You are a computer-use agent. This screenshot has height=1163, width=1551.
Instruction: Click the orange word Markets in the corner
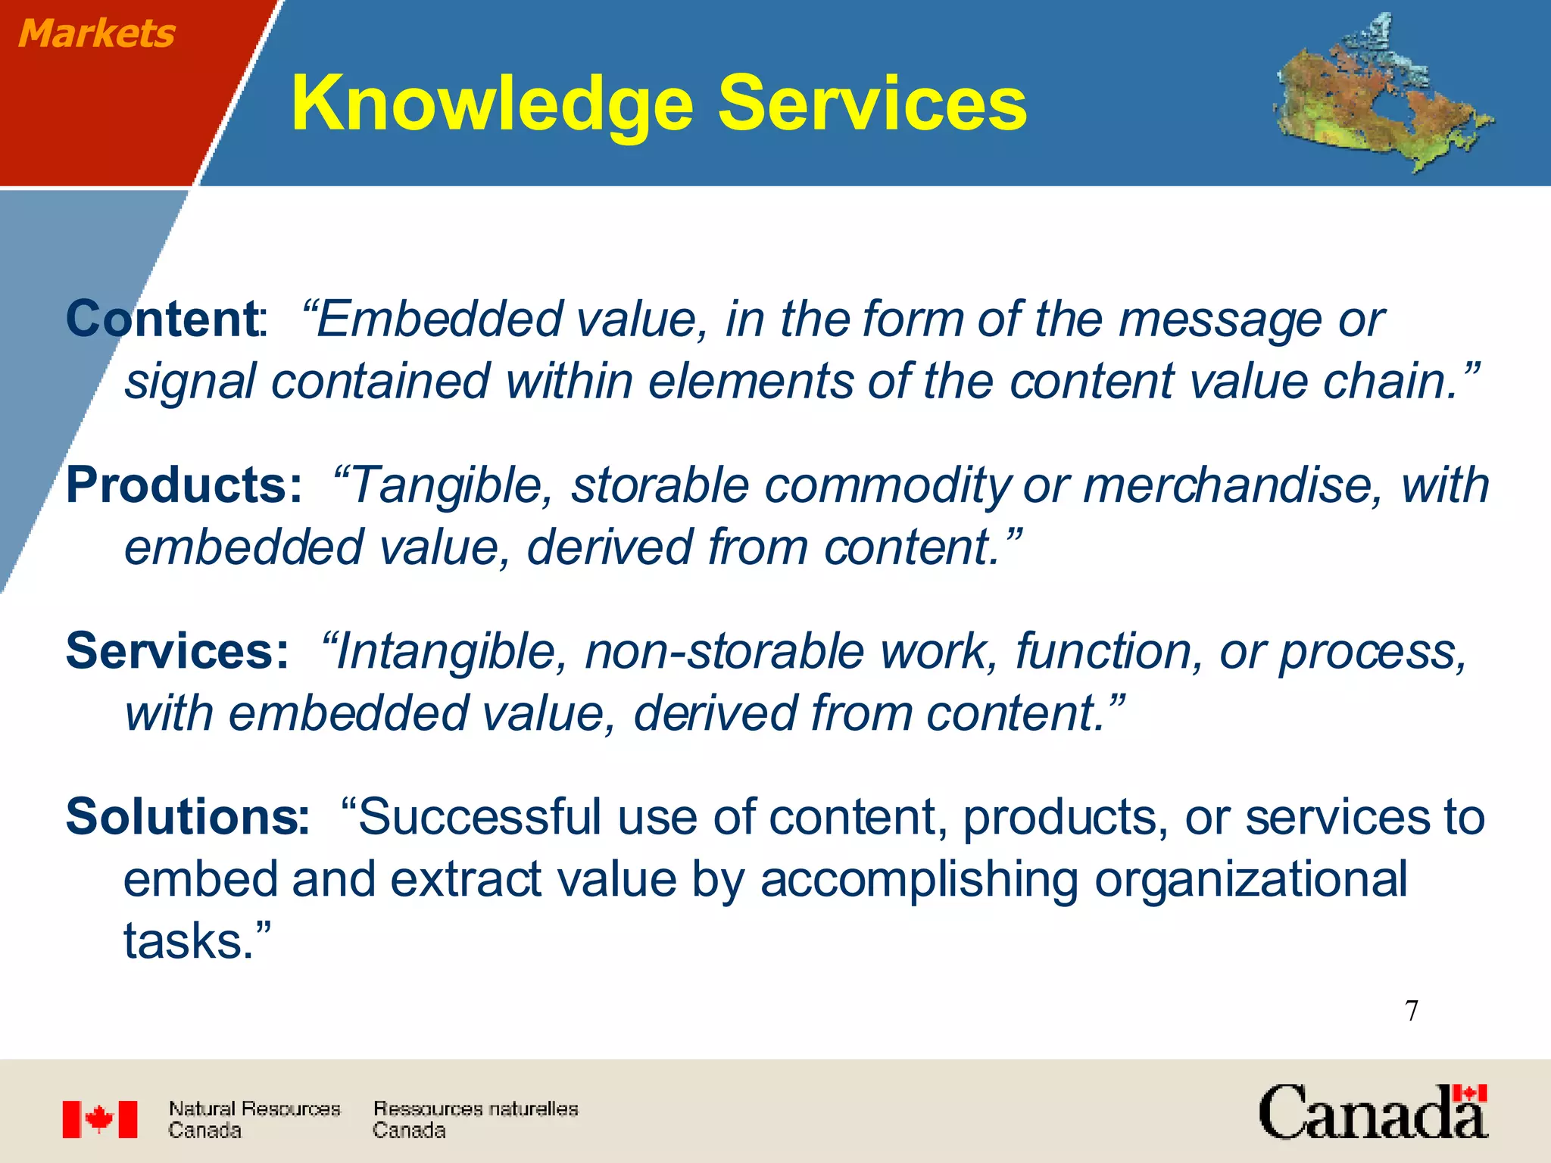coord(96,34)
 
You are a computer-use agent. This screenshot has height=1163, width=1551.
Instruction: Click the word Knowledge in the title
coord(492,104)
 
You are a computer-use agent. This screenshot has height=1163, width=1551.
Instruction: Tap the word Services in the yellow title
coord(872,103)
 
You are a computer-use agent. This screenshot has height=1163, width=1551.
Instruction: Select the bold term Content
coord(163,319)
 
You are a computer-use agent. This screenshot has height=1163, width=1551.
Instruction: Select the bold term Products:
coord(184,485)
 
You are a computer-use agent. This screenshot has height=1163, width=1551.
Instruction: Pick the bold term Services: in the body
coord(177,650)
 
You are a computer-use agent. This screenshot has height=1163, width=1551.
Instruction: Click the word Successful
coord(480,818)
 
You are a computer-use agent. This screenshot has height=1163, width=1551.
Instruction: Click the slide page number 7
coord(1412,1011)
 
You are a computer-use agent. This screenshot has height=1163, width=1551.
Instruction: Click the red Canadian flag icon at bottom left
coord(100,1119)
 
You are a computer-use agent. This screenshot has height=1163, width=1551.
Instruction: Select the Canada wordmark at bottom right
coord(1373,1112)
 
